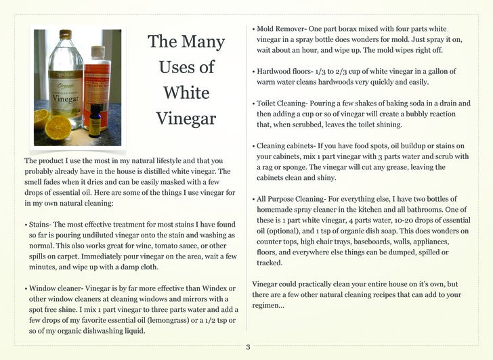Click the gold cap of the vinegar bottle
point(66,35)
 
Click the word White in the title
point(186,92)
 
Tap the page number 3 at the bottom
point(248,347)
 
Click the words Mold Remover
point(280,30)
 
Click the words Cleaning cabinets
point(286,145)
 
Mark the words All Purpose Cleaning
point(292,199)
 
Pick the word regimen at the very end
point(269,305)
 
